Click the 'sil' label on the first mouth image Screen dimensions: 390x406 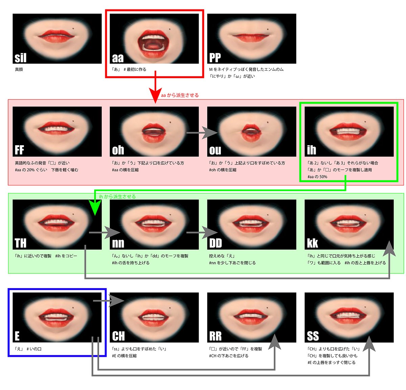(21, 58)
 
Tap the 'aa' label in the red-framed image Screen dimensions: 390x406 (118, 58)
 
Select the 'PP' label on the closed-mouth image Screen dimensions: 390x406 (215, 58)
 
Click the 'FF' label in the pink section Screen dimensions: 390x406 (20, 150)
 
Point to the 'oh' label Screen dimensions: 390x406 (118, 150)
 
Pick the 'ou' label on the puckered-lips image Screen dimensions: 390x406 (215, 150)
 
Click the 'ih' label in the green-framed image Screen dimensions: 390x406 (311, 150)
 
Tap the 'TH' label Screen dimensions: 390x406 (21, 243)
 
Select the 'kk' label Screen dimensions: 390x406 (312, 243)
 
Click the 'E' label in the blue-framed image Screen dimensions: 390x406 (17, 336)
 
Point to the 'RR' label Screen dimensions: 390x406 (216, 336)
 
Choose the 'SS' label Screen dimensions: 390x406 (313, 336)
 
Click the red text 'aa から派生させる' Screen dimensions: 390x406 (180, 95)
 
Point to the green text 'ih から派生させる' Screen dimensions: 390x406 (117, 196)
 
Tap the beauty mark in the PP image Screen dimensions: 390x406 (268, 29)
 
